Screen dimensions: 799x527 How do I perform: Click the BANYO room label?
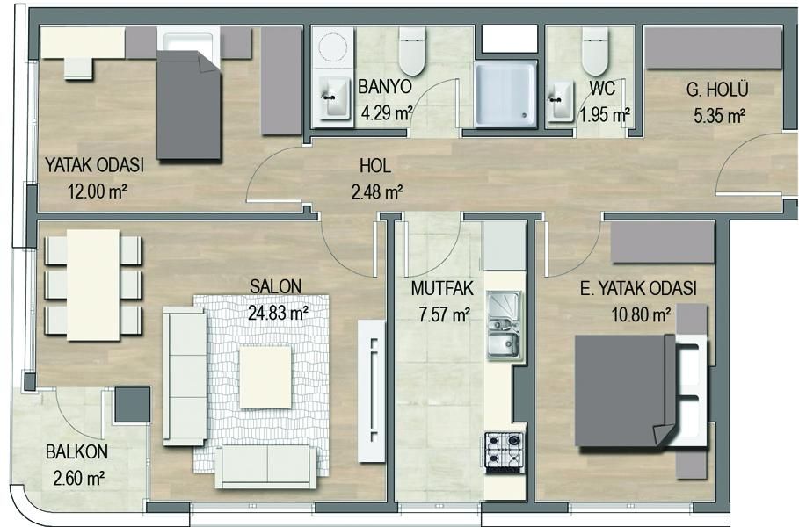point(385,87)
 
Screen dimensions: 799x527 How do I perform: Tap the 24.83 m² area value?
point(278,312)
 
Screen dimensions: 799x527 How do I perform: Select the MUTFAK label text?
point(442,289)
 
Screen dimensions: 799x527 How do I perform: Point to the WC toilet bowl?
point(595,51)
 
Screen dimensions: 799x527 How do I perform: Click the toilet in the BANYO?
point(411,51)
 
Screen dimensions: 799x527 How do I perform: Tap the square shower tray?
point(505,95)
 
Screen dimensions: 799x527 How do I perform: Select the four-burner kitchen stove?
point(504,451)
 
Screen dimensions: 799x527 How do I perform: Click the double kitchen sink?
point(504,325)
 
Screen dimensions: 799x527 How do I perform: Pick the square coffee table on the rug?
point(265,377)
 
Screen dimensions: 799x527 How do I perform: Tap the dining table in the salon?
point(93,285)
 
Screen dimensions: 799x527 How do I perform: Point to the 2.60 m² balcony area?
point(79,478)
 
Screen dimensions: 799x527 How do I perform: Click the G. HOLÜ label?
point(717,90)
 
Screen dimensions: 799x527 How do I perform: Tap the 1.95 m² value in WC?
point(605,115)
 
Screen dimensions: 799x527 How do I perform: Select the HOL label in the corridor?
point(375,165)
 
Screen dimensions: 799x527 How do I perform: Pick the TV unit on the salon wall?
point(372,391)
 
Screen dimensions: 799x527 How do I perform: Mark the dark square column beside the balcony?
point(133,405)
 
